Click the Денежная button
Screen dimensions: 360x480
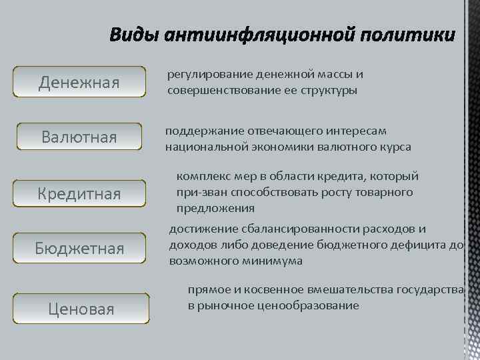tap(79, 83)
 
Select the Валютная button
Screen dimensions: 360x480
tap(79, 138)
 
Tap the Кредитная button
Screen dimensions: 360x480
tap(79, 194)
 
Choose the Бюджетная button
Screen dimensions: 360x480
tap(79, 249)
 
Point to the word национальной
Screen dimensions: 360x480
tap(201, 147)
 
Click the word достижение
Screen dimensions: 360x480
tap(199, 229)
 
